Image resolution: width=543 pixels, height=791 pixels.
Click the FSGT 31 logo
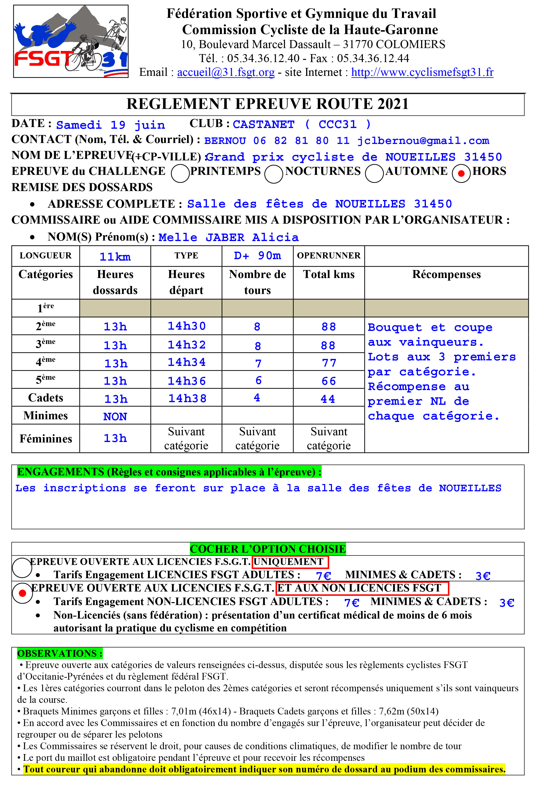[71, 41]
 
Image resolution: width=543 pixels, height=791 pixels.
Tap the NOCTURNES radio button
[274, 174]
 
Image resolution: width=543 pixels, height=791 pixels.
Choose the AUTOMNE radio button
[374, 174]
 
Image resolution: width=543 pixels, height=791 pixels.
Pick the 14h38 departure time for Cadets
[187, 398]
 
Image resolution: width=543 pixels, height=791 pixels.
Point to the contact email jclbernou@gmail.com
[423, 141]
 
